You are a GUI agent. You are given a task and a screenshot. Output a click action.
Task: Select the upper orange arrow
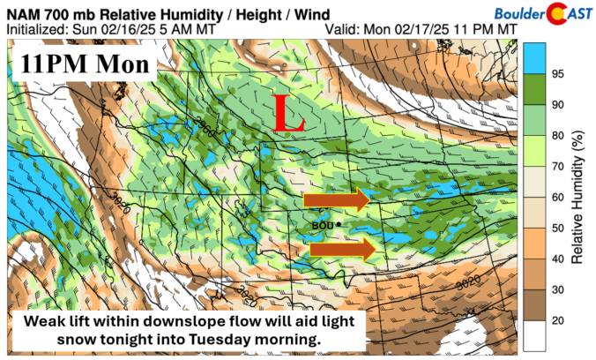tap(335, 200)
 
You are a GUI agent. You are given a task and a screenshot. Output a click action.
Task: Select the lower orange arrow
tap(342, 251)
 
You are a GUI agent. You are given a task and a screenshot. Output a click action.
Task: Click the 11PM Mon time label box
tap(85, 64)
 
